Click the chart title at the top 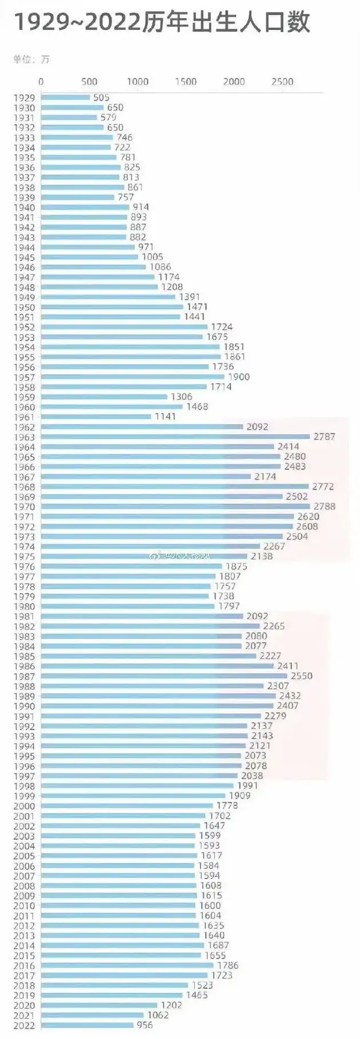click(162, 23)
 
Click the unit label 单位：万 click(31, 59)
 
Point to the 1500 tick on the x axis click(186, 82)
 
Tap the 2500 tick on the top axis click(282, 82)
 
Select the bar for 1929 click(65, 98)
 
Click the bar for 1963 click(176, 437)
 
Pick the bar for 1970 click(176, 507)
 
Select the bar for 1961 click(96, 417)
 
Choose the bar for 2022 click(87, 1025)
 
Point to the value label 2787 click(325, 437)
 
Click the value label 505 click(101, 98)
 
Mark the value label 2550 click(302, 676)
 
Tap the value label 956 click(145, 1025)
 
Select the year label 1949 click(24, 298)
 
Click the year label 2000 click(24, 807)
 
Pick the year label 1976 click(24, 567)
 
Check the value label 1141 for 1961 click(165, 417)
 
